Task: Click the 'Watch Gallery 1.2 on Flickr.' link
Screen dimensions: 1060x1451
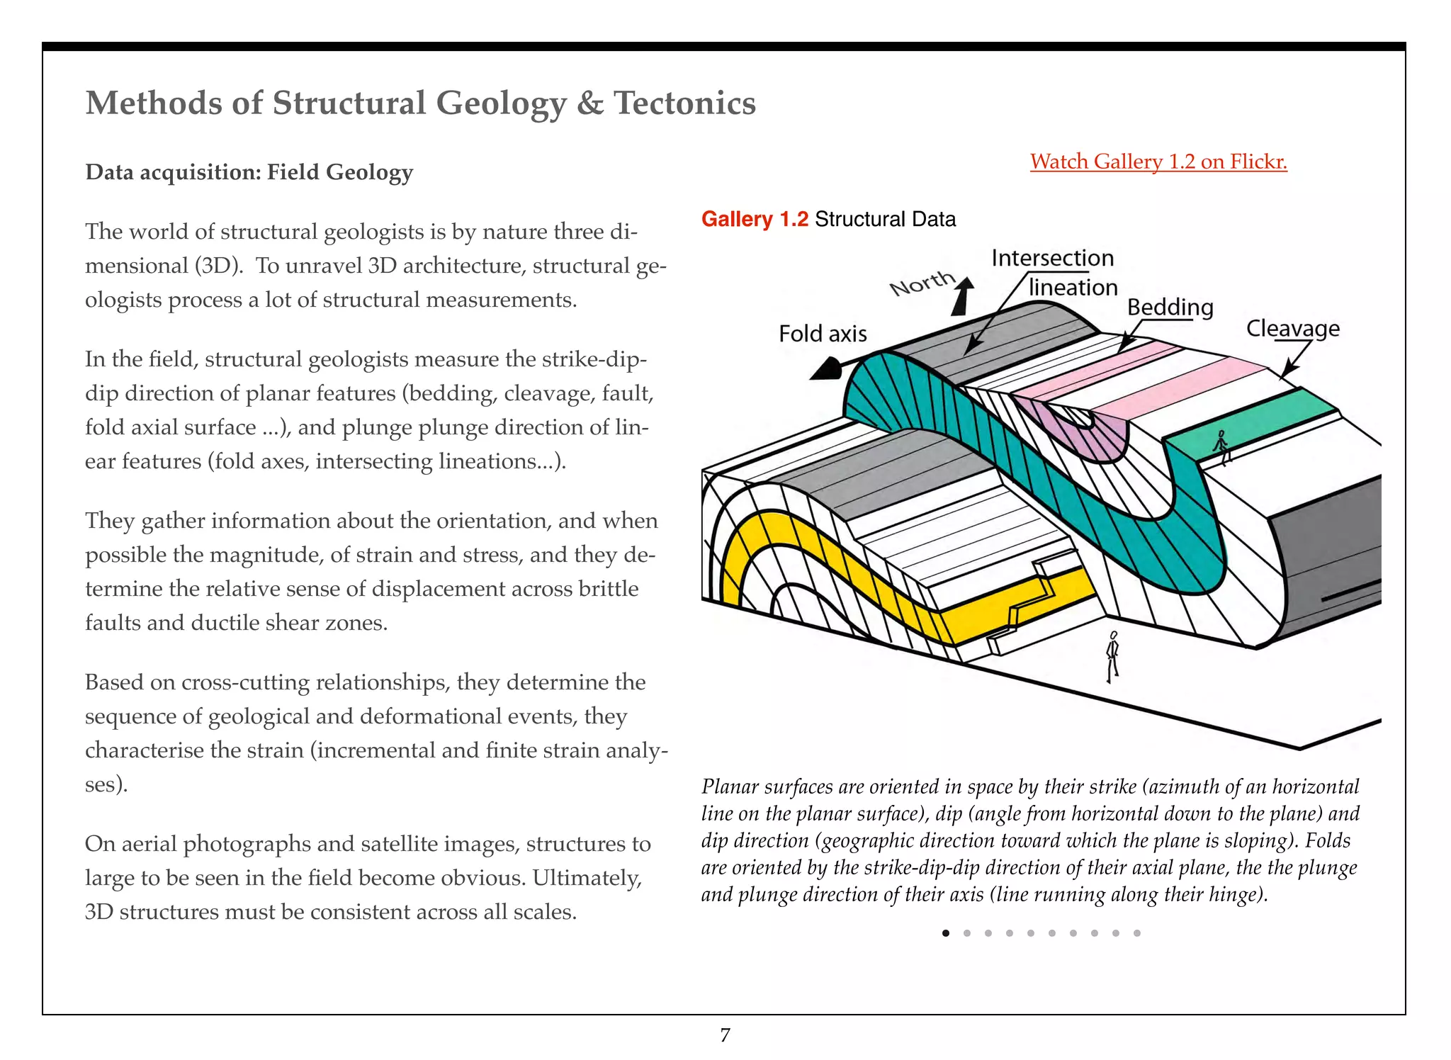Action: (1158, 162)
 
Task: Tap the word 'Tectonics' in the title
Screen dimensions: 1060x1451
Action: (684, 103)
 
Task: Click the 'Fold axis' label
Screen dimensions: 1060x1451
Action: (822, 334)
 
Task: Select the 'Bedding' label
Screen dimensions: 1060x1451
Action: (1170, 308)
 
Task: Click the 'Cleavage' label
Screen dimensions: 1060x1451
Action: (1292, 328)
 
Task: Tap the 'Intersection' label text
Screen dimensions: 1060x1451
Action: (1052, 258)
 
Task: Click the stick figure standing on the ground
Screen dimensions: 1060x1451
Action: (1112, 656)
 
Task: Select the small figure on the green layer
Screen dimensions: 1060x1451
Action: (1221, 445)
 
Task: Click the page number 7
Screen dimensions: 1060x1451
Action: (725, 1035)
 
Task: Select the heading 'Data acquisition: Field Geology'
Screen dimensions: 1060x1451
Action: (249, 172)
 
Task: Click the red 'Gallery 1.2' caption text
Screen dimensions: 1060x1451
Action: (754, 219)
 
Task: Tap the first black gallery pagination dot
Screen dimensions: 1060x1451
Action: (946, 933)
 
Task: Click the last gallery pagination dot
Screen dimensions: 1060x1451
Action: (1136, 933)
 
